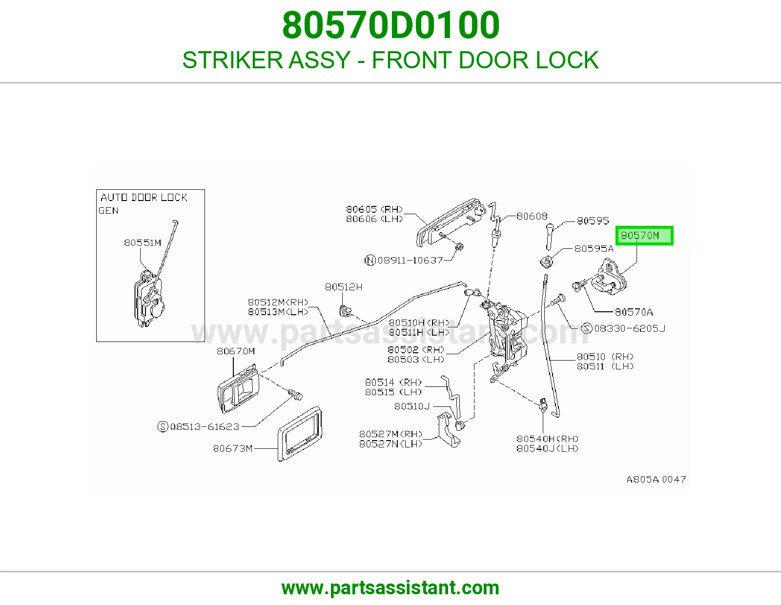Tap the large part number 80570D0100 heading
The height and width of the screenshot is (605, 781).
tap(390, 25)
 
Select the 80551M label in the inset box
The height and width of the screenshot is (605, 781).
tap(143, 243)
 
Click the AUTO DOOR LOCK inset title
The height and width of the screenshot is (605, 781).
tap(144, 198)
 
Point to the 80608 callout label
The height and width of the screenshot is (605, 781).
tap(532, 216)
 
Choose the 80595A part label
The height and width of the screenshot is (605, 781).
tap(594, 249)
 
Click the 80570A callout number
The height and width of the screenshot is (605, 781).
tap(634, 312)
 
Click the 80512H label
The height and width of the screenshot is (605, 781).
tap(344, 287)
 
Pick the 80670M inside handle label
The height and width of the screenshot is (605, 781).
tap(236, 351)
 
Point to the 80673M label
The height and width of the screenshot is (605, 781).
tap(233, 448)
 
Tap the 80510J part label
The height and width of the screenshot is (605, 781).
tap(412, 406)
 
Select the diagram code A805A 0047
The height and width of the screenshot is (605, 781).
tap(656, 479)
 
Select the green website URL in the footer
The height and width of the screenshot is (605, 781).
tap(390, 588)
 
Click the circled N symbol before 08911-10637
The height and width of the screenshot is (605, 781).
tap(370, 260)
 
